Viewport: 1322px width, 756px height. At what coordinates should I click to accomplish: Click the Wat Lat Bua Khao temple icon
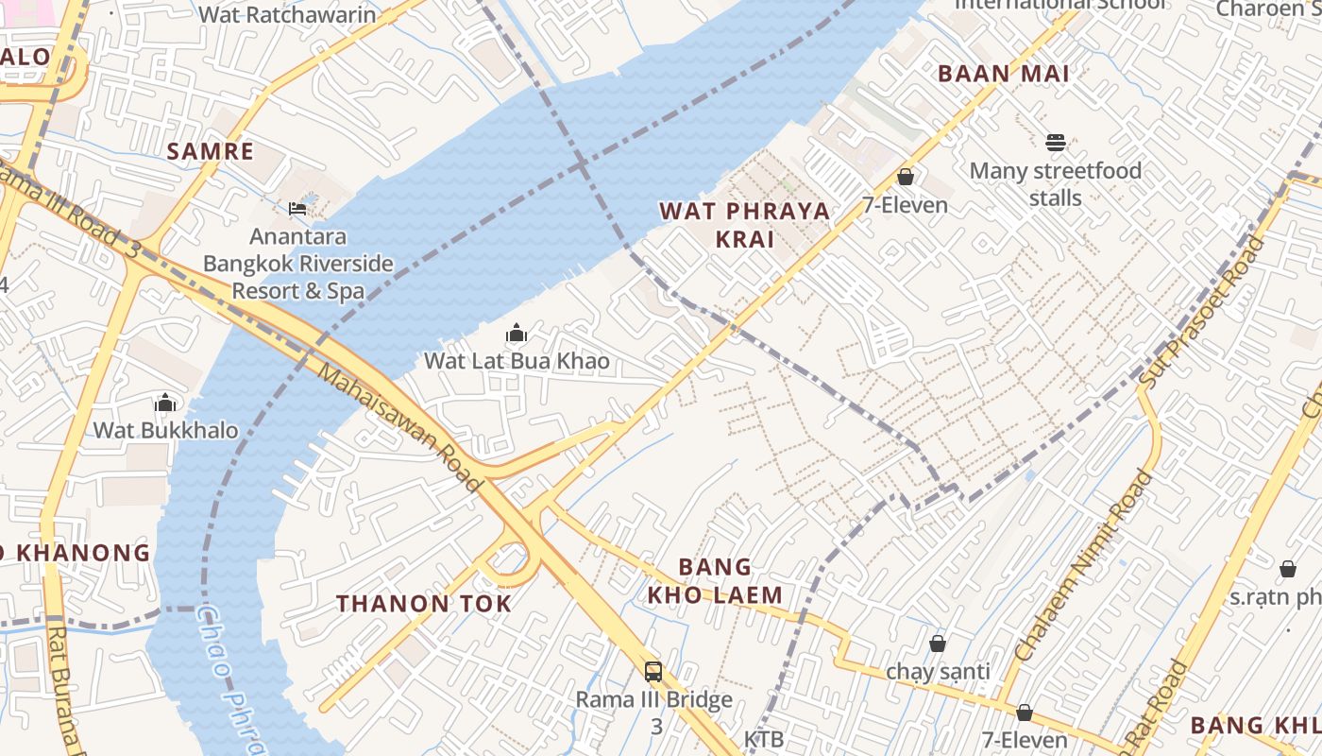[x=517, y=333]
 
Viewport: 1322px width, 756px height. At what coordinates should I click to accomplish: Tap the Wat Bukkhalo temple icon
[x=165, y=404]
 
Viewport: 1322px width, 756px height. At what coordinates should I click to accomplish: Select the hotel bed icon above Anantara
[x=297, y=208]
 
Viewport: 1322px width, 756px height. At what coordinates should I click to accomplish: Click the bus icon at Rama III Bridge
[x=653, y=672]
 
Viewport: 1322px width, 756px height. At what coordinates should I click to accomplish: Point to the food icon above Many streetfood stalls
[x=1056, y=143]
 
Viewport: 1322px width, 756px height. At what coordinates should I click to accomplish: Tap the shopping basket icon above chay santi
[x=938, y=644]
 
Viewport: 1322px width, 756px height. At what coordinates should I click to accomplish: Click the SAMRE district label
[x=211, y=151]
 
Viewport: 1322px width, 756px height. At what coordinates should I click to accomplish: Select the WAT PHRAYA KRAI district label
[x=745, y=225]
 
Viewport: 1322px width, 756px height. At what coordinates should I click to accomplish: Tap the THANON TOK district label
[x=424, y=604]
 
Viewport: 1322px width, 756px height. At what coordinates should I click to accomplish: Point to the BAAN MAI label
[x=1003, y=74]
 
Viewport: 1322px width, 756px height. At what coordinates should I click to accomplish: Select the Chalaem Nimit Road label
[x=1084, y=565]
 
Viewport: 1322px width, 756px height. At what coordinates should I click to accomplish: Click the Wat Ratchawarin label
[x=287, y=14]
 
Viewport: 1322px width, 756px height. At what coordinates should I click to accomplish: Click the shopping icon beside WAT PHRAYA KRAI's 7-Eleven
[x=906, y=177]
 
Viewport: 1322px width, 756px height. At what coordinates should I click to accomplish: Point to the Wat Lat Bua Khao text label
[x=517, y=361]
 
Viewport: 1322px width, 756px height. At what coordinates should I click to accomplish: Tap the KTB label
[x=764, y=739]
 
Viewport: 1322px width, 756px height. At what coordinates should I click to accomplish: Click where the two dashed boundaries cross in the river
[x=582, y=165]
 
